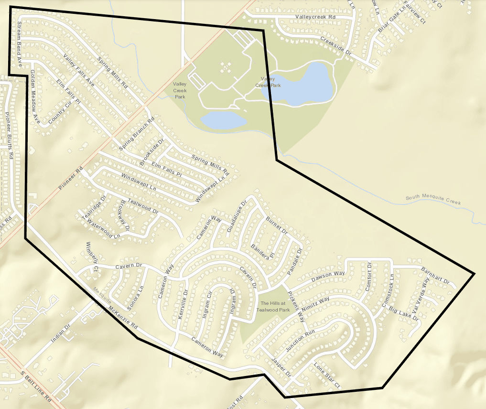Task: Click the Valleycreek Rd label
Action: tap(316, 17)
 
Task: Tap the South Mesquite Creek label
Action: tap(433, 200)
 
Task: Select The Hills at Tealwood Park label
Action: tap(273, 306)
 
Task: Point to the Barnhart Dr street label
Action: tap(435, 276)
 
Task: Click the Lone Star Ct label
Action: tap(326, 376)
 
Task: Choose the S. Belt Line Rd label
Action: tap(36, 386)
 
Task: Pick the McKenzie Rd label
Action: tap(123, 320)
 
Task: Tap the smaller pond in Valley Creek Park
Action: tap(224, 120)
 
